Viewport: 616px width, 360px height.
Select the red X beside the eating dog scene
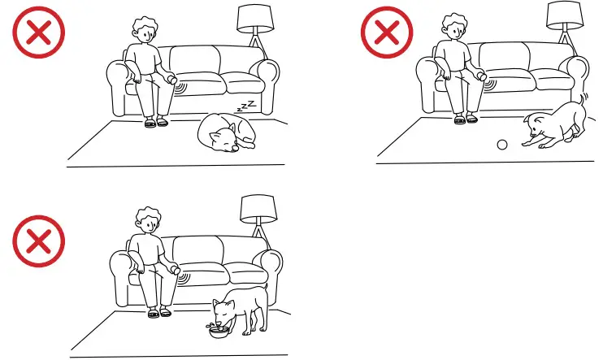38,243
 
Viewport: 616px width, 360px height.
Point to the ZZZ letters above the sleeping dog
246,106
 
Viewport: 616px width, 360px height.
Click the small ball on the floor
501,145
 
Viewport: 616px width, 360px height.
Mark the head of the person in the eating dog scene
147,220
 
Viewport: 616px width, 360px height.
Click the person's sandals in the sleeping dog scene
156,122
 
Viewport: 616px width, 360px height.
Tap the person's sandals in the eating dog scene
158,311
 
